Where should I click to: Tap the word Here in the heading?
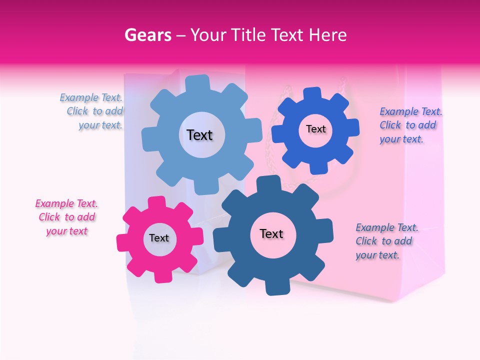(x=327, y=35)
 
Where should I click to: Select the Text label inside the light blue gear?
(x=199, y=135)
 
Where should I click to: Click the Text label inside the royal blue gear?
(x=315, y=129)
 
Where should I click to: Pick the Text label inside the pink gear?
(x=159, y=238)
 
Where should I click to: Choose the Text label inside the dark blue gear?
(x=271, y=233)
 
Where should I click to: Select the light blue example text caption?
(x=92, y=111)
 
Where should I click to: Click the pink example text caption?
(x=66, y=217)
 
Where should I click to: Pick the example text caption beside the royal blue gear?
(x=410, y=125)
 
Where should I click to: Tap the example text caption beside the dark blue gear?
(x=386, y=241)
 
